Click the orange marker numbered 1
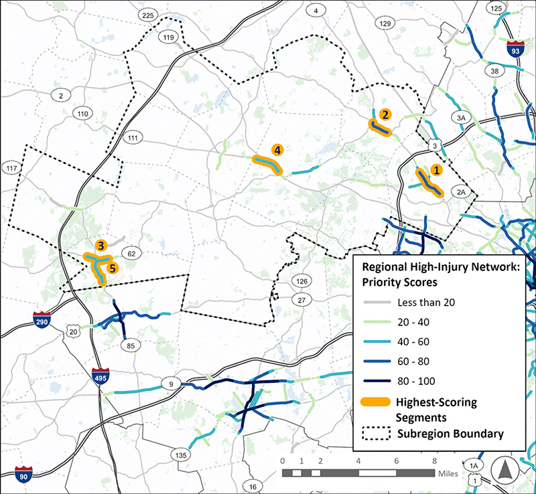436,170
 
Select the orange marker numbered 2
385,114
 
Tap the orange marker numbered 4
277,150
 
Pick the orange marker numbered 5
112,268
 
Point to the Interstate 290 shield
42,320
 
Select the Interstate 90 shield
25,475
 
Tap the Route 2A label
460,191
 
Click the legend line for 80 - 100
379,381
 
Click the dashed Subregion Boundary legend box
379,434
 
